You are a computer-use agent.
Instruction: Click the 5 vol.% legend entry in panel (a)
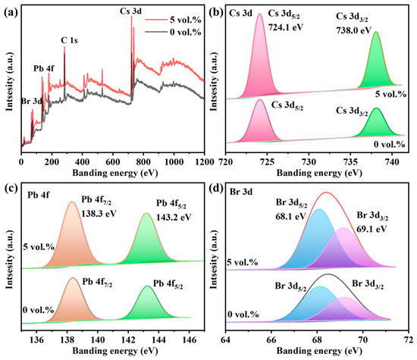tap(173, 20)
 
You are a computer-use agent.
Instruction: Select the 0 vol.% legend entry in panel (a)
tap(173, 32)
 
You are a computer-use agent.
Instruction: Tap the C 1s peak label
tap(69, 40)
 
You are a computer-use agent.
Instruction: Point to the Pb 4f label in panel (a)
tap(44, 69)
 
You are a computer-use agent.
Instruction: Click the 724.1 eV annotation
tap(286, 27)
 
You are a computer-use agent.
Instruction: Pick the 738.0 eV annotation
tap(353, 30)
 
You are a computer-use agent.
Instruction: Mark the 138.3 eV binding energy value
tap(99, 214)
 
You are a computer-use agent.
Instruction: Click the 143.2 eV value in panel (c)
tap(174, 218)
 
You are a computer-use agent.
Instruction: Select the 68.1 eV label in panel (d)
tap(290, 216)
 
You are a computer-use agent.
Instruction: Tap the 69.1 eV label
tap(372, 229)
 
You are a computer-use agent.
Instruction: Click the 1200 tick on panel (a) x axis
tap(204, 161)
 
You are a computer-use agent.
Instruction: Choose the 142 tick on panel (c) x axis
tap(128, 340)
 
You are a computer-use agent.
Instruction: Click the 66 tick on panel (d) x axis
tap(271, 340)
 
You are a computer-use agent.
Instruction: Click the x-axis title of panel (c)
tap(115, 351)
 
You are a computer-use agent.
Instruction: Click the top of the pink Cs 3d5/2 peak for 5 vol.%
tap(260, 14)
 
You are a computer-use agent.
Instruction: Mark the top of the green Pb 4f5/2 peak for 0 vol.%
tap(147, 286)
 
